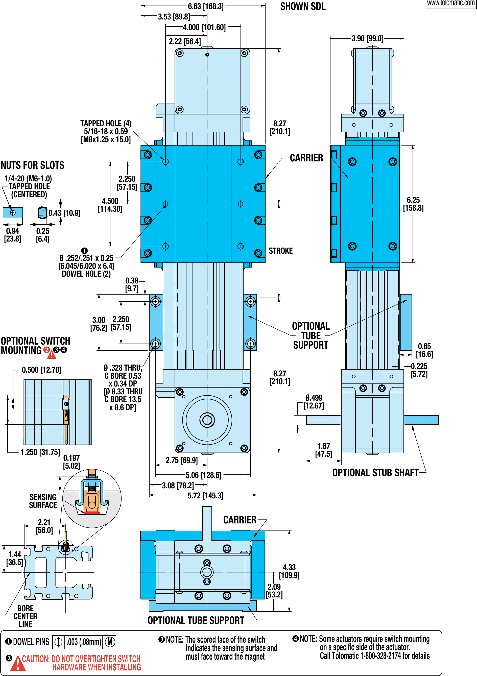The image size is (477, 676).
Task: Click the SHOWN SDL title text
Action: coord(303,7)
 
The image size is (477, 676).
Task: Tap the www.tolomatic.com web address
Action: coord(450,3)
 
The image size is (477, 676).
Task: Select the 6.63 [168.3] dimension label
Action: coord(206,6)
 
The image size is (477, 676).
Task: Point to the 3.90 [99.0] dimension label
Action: coord(367,38)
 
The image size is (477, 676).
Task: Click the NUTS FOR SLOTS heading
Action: coord(32,165)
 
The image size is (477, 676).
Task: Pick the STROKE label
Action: coord(281,251)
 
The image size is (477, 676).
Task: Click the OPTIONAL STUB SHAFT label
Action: coord(375,473)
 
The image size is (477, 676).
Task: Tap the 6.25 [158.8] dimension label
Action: coord(413,204)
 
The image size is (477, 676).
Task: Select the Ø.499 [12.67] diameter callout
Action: coord(314,402)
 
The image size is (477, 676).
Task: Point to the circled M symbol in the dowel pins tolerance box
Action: coord(110,642)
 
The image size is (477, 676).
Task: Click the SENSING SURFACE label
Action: coord(43,501)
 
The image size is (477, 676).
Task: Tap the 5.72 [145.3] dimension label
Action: coord(205,496)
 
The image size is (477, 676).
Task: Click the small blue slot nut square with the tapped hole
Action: coord(13,212)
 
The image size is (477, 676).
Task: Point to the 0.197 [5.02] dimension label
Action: coord(71,462)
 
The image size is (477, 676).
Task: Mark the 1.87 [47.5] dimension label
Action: coord(324,450)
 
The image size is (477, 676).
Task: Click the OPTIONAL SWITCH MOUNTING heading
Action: coord(35,346)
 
